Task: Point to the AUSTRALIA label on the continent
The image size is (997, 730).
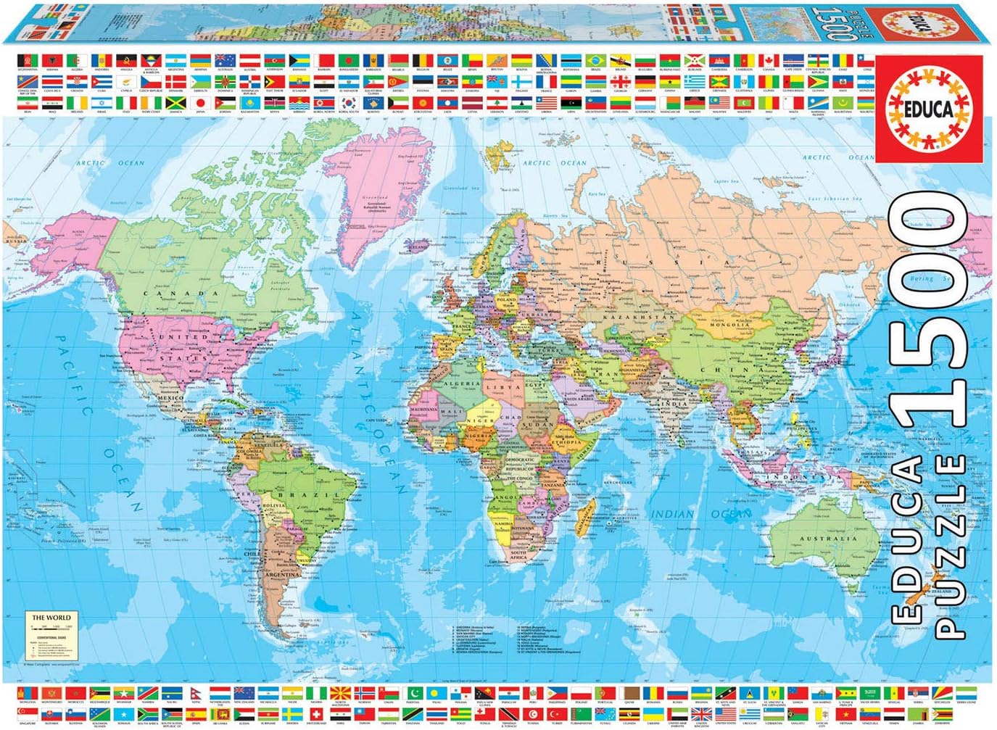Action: (828, 539)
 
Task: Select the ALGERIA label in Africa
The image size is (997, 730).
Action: (461, 383)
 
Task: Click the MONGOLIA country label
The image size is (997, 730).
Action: (729, 325)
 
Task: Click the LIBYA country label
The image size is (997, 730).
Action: (508, 387)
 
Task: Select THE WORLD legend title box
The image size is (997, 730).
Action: (51, 618)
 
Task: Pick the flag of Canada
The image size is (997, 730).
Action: (769, 60)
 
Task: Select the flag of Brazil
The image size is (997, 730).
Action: (596, 60)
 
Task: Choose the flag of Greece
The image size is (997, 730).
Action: (695, 81)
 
